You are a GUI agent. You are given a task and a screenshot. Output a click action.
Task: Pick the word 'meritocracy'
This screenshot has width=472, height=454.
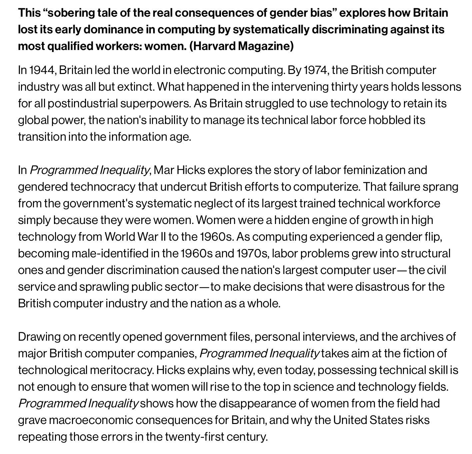point(121,370)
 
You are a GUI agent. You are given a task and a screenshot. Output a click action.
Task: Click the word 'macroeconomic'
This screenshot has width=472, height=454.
point(90,420)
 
